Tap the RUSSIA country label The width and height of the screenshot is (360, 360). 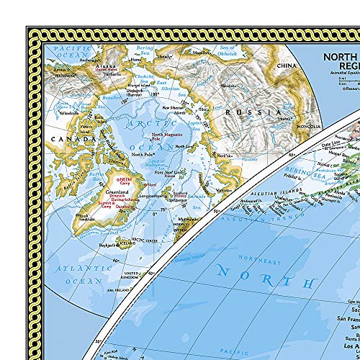coord(251,113)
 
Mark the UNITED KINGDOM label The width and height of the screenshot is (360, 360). coord(131,276)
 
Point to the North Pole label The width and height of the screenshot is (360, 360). coord(141,154)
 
